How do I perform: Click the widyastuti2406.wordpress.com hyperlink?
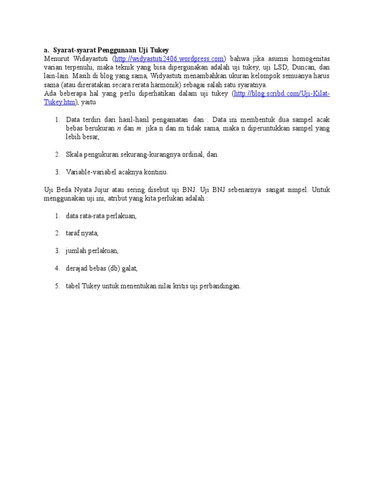tap(169, 59)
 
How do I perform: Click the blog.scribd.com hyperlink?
tap(282, 94)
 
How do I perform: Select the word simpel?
tap(297, 190)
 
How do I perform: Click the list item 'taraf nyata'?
tap(82, 233)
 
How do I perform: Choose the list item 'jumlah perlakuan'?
tap(92, 251)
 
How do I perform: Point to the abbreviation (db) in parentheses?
tap(107, 269)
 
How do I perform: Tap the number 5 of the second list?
tap(57, 286)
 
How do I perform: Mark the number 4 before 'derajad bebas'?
tap(57, 269)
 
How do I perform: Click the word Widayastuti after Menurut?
tap(88, 59)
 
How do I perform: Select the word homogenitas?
tap(310, 59)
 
